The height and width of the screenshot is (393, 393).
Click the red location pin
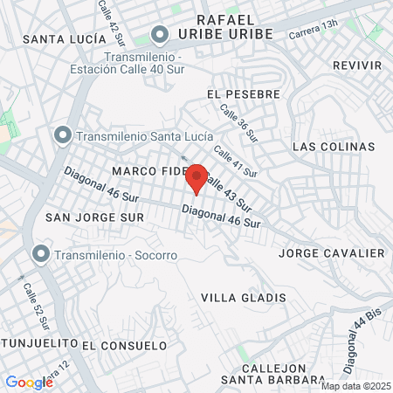click(x=197, y=177)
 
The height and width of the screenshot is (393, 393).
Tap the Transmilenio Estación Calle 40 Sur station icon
click(x=159, y=35)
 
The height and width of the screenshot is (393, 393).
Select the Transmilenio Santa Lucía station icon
click(x=62, y=135)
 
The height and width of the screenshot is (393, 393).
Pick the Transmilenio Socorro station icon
click(x=40, y=254)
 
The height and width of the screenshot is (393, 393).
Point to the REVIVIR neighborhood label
click(x=357, y=65)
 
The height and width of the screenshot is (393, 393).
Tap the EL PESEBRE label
click(x=244, y=93)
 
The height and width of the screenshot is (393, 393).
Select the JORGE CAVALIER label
click(x=331, y=253)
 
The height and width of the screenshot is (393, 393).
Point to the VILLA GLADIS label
click(x=244, y=298)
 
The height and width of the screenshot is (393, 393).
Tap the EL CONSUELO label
click(x=124, y=345)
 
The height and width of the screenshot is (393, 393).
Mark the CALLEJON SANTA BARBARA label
click(x=273, y=373)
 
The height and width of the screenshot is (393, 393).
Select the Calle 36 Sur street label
click(x=238, y=124)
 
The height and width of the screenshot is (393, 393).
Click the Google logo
click(x=29, y=382)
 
